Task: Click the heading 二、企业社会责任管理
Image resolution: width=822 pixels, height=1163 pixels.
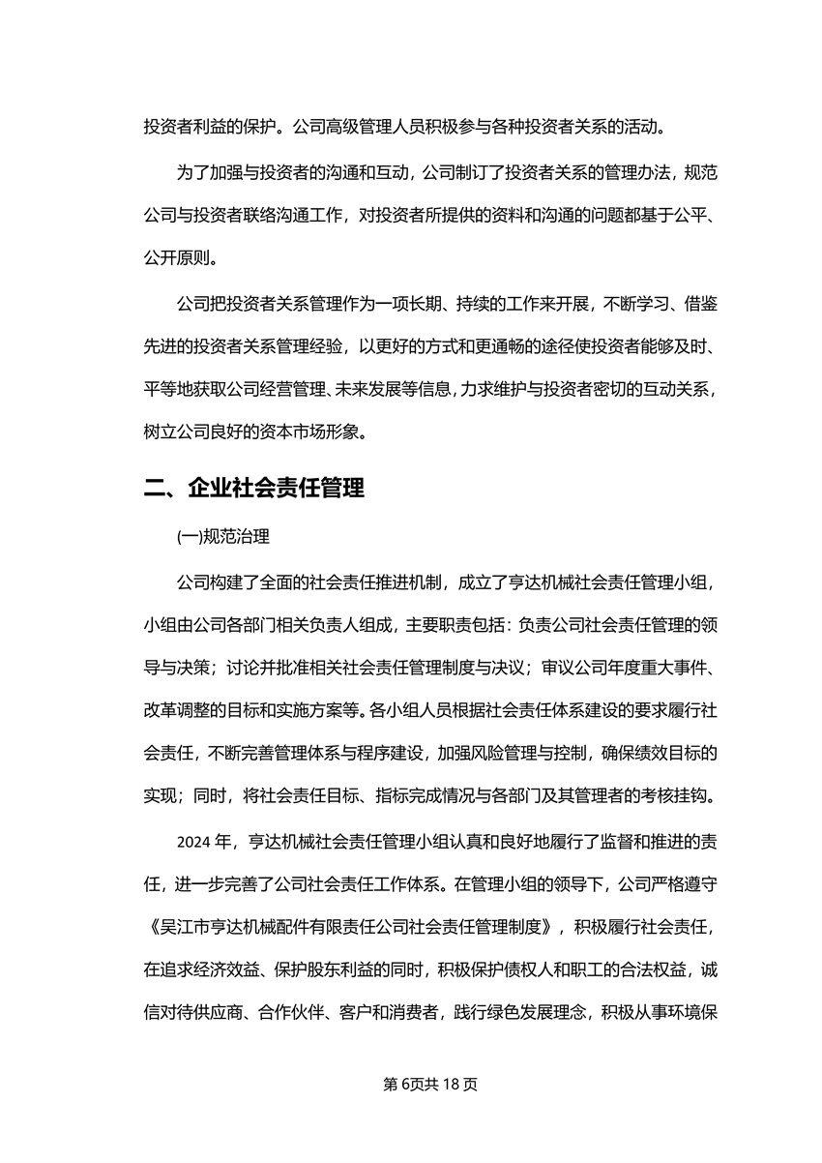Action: (253, 489)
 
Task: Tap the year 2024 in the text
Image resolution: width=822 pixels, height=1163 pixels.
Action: (192, 842)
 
